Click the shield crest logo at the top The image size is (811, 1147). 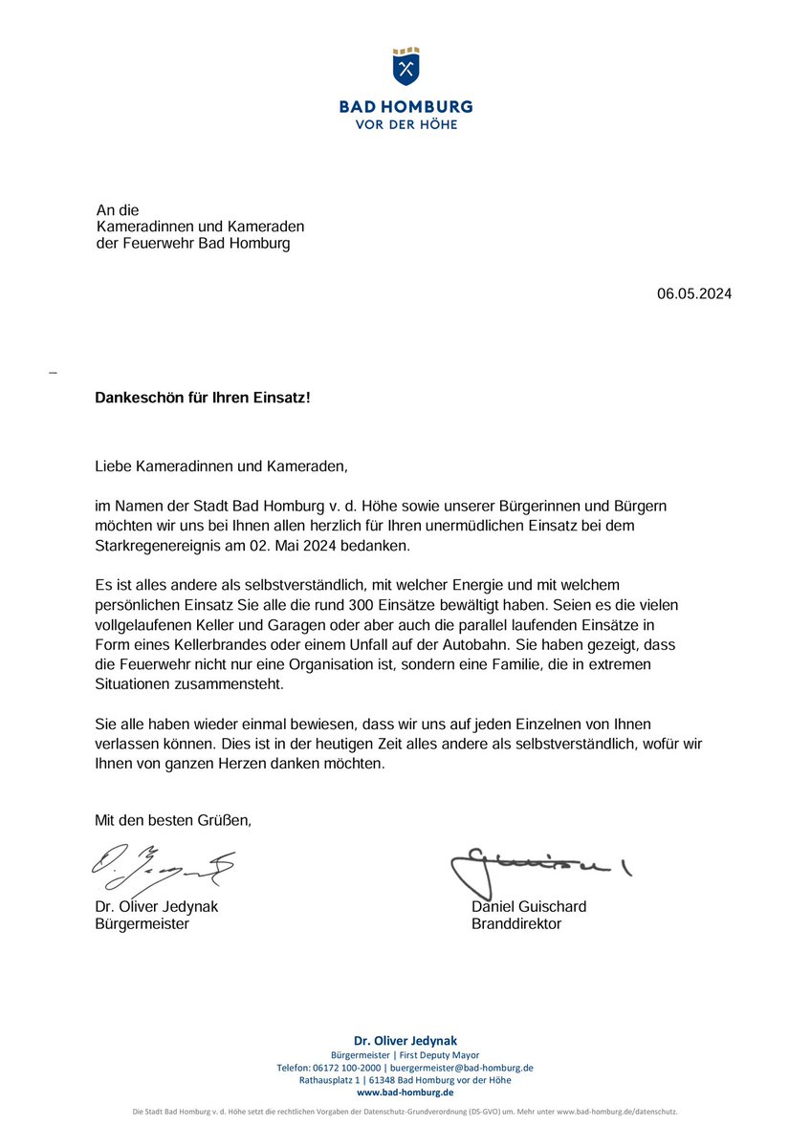pos(405,67)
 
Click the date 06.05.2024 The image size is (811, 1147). pos(693,294)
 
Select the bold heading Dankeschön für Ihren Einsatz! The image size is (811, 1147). pos(203,397)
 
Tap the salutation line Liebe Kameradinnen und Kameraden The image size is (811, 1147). pos(217,466)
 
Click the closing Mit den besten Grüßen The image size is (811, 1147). pos(173,820)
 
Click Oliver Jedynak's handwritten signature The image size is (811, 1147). pos(163,865)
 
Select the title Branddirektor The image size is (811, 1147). pos(516,924)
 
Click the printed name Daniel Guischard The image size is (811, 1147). pos(529,906)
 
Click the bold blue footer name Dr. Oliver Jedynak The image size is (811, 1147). pos(405,1040)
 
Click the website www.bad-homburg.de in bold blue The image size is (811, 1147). pos(405,1092)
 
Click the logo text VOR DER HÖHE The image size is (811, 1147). pos(405,124)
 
